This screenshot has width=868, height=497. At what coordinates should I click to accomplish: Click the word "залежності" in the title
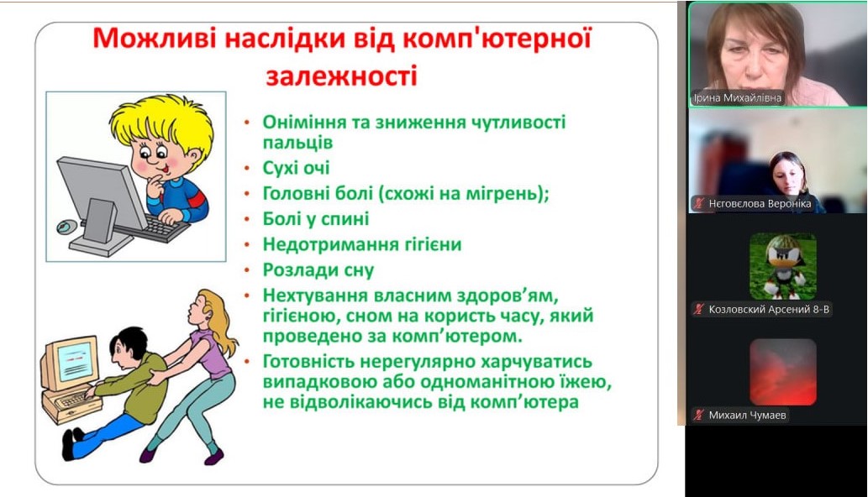coord(341,76)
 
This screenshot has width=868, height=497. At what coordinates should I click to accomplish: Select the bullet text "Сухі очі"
coord(296,168)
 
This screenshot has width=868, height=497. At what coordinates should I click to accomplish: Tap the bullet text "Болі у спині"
coord(316,219)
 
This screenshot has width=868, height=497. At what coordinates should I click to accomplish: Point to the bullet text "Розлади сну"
coord(318,269)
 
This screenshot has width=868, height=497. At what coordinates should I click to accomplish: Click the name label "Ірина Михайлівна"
coord(738,98)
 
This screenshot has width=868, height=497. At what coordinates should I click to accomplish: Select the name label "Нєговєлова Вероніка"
coord(760,203)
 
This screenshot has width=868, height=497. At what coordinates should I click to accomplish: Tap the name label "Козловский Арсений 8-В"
coord(769,309)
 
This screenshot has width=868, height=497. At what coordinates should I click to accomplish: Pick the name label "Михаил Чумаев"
coord(747,415)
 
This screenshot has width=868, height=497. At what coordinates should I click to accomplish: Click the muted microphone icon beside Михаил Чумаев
coord(699,415)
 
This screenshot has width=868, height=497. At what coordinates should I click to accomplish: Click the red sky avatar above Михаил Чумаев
coord(783,372)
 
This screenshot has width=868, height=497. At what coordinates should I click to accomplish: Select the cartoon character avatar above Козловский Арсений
coord(783,266)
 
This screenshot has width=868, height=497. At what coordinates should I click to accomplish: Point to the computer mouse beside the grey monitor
coord(67,226)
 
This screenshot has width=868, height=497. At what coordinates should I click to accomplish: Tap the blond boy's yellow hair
coord(160,122)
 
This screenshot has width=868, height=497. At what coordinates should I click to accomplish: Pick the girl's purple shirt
coord(210,352)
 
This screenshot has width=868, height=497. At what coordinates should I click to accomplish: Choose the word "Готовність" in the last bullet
coord(307,362)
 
